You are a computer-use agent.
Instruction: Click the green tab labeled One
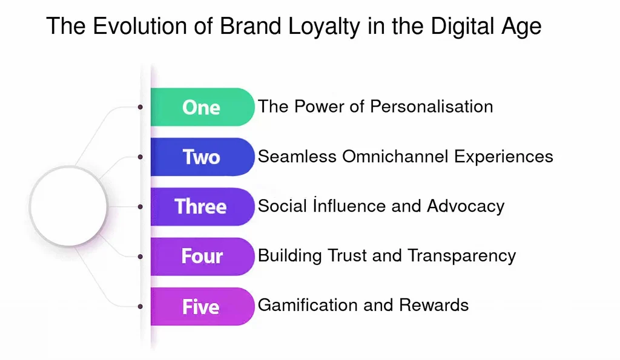202,107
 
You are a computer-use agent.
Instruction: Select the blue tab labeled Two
202,157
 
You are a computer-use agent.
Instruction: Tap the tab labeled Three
202,207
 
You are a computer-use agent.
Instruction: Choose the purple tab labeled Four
202,257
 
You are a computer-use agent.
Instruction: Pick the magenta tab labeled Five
202,306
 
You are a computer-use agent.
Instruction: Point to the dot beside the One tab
140,107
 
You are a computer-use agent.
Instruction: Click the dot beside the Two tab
140,157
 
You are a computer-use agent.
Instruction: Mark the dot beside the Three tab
140,207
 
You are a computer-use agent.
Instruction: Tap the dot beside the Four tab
140,257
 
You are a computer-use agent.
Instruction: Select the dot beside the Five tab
140,306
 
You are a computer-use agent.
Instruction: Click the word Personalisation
431,106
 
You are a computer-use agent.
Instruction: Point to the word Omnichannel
395,157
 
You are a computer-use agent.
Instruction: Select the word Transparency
462,257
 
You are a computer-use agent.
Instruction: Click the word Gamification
308,305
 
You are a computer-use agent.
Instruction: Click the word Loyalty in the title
325,27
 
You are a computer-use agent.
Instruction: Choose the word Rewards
434,305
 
